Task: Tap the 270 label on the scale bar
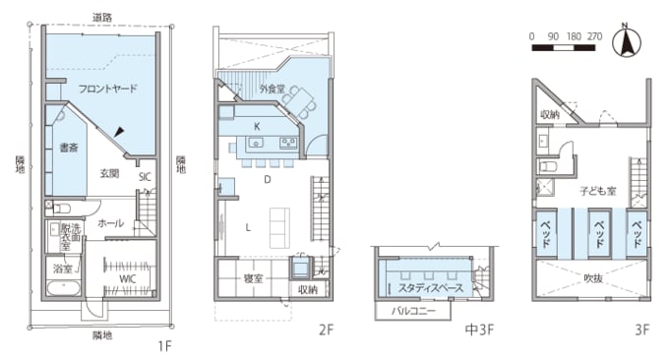[x=594, y=35]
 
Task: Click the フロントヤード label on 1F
[x=107, y=89]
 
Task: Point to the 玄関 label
[x=109, y=173]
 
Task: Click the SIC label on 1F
[x=144, y=177]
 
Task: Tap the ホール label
[x=110, y=223]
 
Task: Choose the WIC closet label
[x=127, y=278]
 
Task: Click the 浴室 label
[x=60, y=268]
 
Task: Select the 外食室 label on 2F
[x=273, y=90]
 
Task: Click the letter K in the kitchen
[x=256, y=126]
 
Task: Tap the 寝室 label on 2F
[x=254, y=278]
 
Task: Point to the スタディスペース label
[x=430, y=288]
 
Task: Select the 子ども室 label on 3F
[x=597, y=191]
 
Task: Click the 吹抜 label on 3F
[x=593, y=277]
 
